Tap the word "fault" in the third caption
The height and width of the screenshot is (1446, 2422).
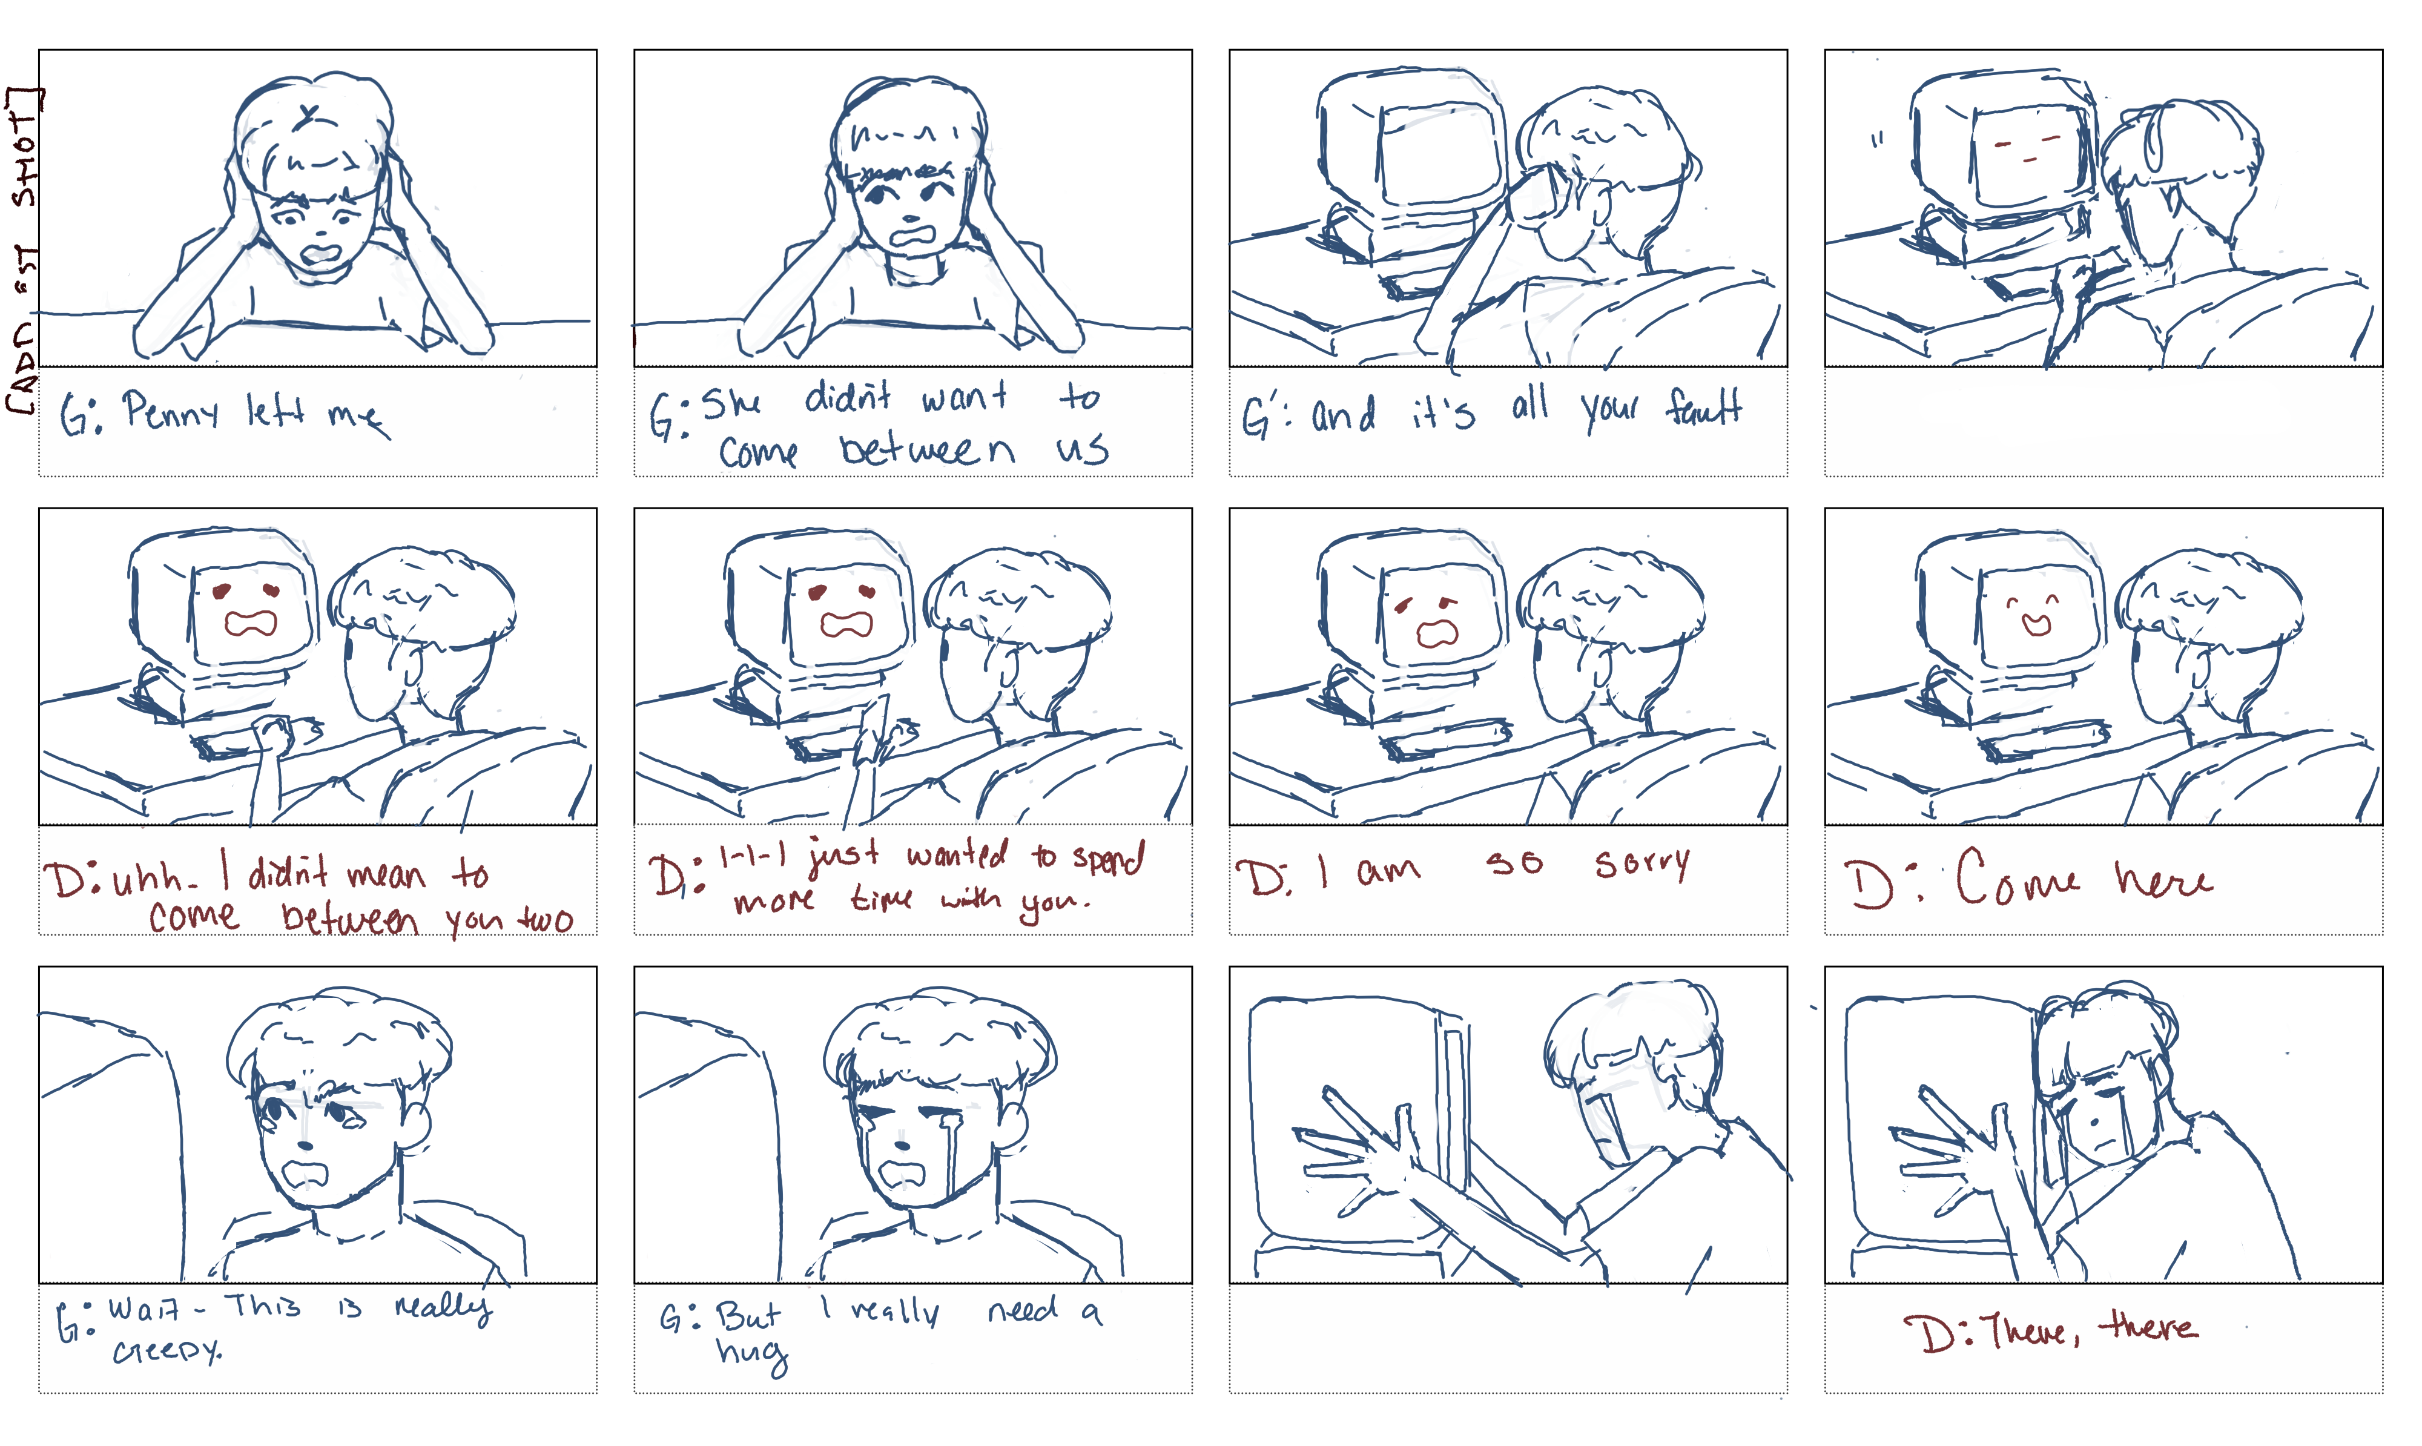click(x=1704, y=408)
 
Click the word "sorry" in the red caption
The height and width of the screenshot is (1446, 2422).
click(x=1643, y=863)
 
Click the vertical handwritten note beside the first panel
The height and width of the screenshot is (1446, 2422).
click(x=24, y=248)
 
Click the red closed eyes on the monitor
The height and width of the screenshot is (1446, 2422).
click(x=2027, y=151)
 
